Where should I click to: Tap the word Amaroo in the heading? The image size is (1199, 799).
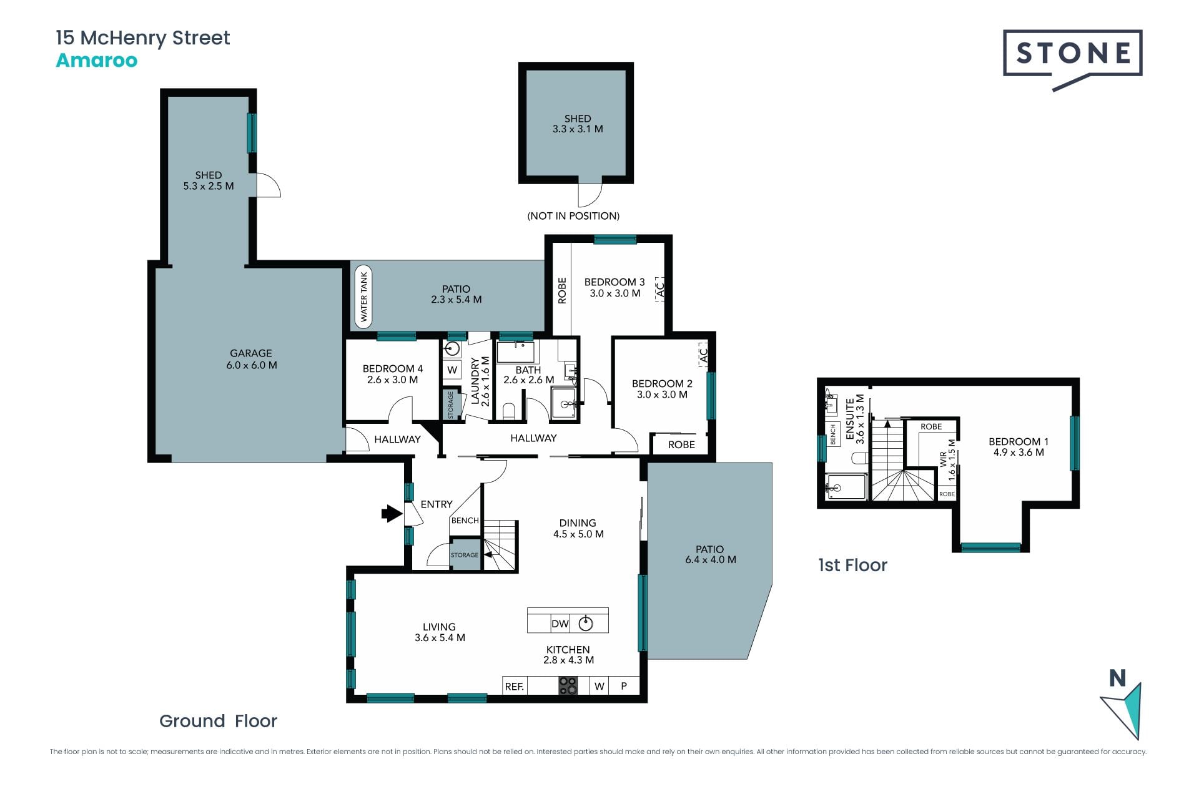pos(97,61)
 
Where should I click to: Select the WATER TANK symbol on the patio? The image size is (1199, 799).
pos(363,297)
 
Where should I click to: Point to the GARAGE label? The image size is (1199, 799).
pos(251,353)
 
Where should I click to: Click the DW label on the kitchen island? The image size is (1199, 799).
pos(560,624)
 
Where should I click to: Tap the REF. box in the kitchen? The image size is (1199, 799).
pos(515,686)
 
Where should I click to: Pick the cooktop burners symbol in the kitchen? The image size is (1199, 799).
pos(568,686)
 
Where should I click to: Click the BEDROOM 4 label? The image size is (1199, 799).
pos(393,369)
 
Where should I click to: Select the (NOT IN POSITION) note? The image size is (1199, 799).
pos(573,216)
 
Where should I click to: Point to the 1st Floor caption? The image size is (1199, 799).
pos(852,566)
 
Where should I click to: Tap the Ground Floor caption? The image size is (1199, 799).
pos(218,721)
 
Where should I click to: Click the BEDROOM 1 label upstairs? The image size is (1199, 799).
pos(1019,442)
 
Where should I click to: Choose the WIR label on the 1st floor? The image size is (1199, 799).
pos(943,459)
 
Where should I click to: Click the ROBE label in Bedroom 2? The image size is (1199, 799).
pos(681,445)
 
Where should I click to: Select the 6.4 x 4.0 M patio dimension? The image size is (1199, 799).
pos(711,560)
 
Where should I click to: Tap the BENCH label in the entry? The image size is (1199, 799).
pos(465,521)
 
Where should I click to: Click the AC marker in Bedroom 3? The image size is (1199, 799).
pos(661,289)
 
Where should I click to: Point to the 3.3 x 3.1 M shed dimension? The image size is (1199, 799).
pos(578,129)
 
